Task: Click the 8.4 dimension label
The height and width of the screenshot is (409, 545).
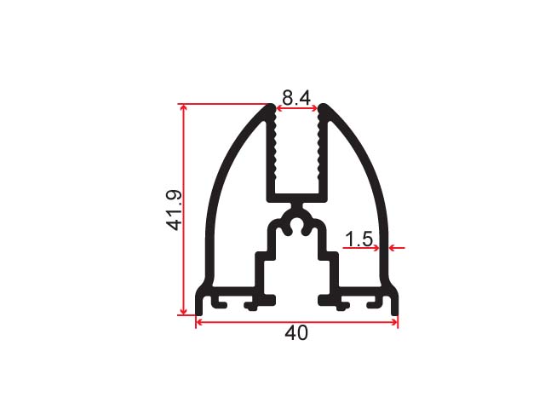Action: pyautogui.click(x=296, y=98)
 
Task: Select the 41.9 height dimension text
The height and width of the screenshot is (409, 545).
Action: pyautogui.click(x=174, y=210)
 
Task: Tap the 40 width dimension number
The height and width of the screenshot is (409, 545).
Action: pyautogui.click(x=296, y=333)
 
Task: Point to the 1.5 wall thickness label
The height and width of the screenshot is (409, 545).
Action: pyautogui.click(x=359, y=239)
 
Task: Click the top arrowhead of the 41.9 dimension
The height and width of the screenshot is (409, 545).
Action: pyautogui.click(x=184, y=107)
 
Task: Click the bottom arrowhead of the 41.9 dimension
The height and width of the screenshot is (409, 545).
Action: pyautogui.click(x=184, y=312)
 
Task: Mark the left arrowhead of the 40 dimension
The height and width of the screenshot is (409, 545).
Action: pyautogui.click(x=199, y=322)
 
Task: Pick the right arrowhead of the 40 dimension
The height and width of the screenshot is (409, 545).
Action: pyautogui.click(x=394, y=322)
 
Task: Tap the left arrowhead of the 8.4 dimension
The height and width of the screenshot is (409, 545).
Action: pyautogui.click(x=279, y=108)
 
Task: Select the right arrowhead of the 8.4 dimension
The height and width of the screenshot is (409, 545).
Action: pyautogui.click(x=314, y=108)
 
